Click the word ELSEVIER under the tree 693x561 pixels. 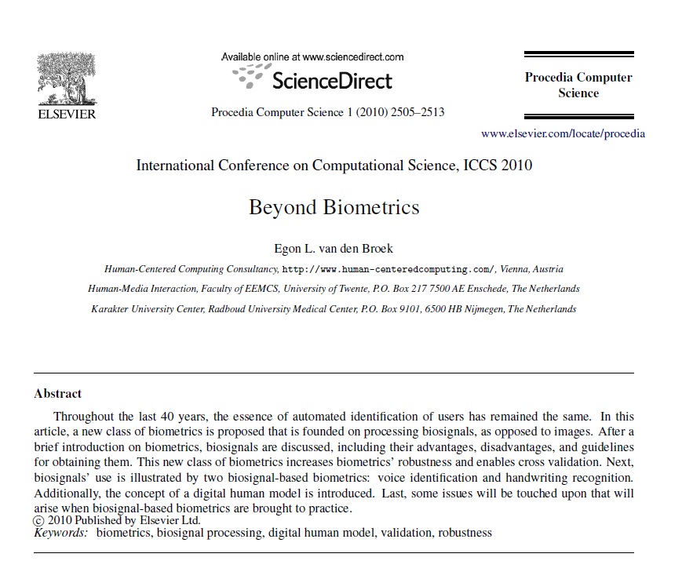pos(67,115)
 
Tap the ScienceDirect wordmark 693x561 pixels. pos(331,80)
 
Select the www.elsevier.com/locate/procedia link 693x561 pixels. pos(563,133)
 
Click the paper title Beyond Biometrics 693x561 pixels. pos(334,207)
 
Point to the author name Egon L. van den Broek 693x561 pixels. pos(334,250)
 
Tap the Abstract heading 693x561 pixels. pos(58,393)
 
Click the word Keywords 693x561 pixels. pos(61,533)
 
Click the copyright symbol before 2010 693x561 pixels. pos(38,520)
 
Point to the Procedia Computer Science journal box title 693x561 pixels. pos(578,85)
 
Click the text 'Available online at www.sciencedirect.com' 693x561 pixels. pos(312,56)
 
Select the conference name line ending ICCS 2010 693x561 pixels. pos(334,166)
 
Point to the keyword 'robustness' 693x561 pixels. pos(465,533)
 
